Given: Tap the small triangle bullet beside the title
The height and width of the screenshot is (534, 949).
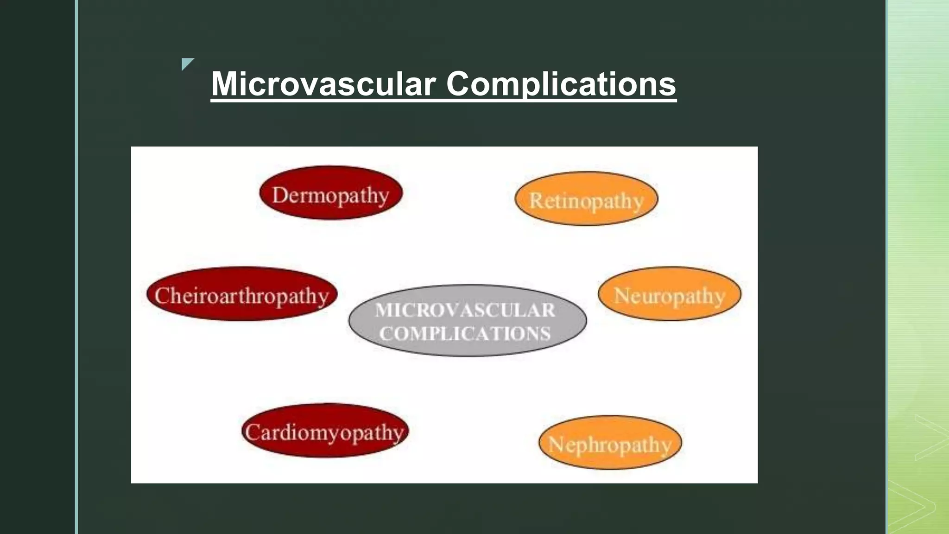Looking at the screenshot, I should click(187, 63).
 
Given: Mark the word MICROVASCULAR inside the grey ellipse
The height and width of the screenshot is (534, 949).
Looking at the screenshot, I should click(465, 310).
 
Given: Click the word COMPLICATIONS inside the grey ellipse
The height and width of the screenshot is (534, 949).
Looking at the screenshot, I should click(465, 334).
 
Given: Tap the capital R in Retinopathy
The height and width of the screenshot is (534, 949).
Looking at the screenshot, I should click(536, 201).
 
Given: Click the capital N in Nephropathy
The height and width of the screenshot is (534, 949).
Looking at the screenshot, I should click(556, 445).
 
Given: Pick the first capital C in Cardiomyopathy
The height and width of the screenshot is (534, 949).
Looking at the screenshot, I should click(253, 432).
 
